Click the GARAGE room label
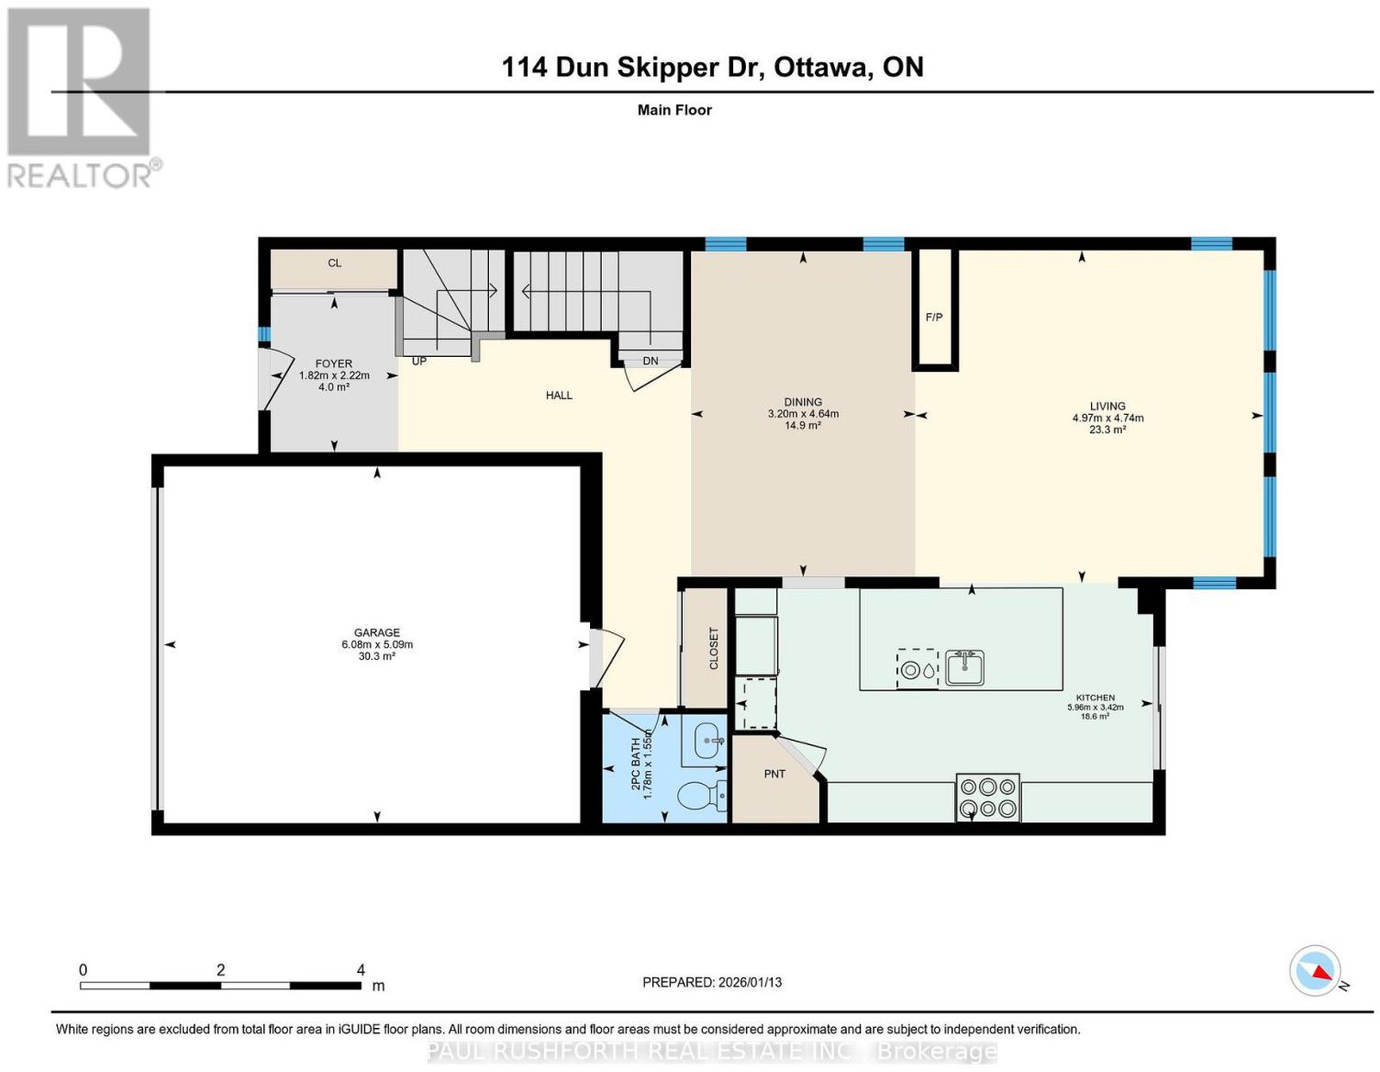377,632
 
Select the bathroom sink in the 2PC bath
709,742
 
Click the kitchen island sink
964,668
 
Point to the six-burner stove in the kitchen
988,798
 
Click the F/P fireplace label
934,317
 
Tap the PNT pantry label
775,774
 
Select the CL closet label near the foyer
335,263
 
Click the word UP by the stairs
419,361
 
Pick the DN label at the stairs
650,361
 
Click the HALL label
559,395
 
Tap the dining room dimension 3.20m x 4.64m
803,414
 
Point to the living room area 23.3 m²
1107,429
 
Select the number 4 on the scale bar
361,970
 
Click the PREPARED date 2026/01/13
750,982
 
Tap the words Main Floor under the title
674,110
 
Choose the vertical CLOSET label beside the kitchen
713,648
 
